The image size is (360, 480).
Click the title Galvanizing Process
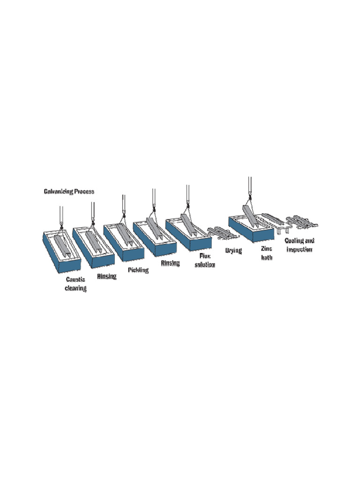point(69,192)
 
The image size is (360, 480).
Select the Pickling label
point(138,270)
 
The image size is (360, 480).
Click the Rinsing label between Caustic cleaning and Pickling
point(106,277)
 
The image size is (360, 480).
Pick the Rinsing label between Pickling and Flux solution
point(170,263)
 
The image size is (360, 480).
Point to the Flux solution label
point(204,260)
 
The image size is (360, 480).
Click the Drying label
point(233,251)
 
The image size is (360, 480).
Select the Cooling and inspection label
point(299,245)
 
